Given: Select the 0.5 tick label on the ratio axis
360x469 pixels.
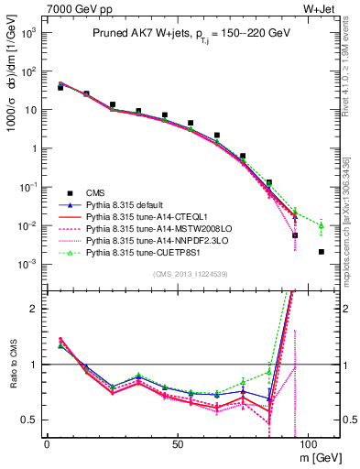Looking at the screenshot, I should coord(31,420).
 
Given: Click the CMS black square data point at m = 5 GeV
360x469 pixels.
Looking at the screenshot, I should coord(60,88).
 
